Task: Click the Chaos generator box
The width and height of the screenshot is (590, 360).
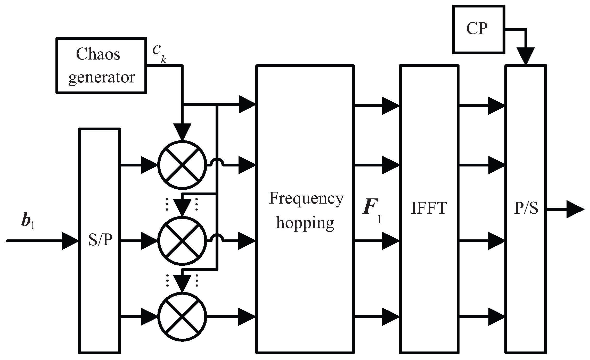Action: pyautogui.click(x=101, y=66)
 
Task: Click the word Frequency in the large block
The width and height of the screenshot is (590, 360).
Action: pyautogui.click(x=306, y=199)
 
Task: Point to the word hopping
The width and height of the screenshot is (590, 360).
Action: pyautogui.click(x=305, y=223)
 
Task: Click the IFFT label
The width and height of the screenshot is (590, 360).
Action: pyautogui.click(x=429, y=208)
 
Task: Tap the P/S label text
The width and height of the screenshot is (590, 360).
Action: pyautogui.click(x=526, y=208)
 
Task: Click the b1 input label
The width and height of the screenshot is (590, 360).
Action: pyautogui.click(x=28, y=222)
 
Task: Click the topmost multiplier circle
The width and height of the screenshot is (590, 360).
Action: pyautogui.click(x=182, y=165)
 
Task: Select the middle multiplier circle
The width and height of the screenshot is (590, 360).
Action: pyautogui.click(x=182, y=240)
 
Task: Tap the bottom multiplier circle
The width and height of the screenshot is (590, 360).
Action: pyautogui.click(x=182, y=316)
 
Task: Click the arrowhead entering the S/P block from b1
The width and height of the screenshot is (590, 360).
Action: pyautogui.click(x=70, y=241)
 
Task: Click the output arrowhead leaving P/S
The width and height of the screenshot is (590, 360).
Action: pyautogui.click(x=575, y=209)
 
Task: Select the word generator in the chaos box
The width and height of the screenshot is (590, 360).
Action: pyautogui.click(x=102, y=77)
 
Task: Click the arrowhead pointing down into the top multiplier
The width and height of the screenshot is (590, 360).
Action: pyautogui.click(x=182, y=132)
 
